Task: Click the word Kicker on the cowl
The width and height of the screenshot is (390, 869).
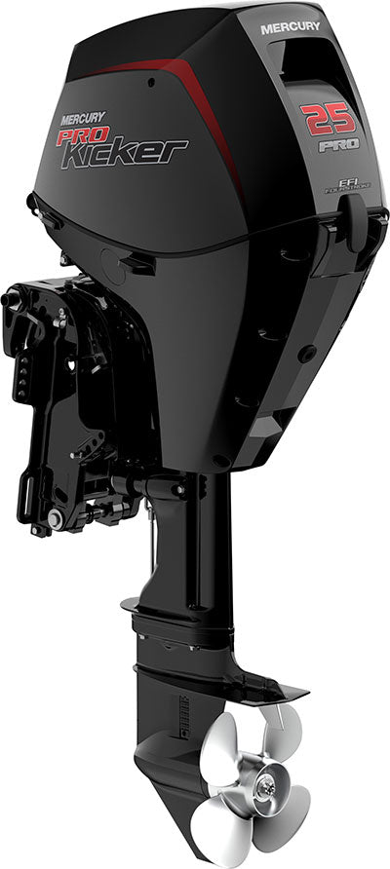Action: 126,151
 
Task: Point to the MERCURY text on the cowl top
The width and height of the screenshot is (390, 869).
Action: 290,29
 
